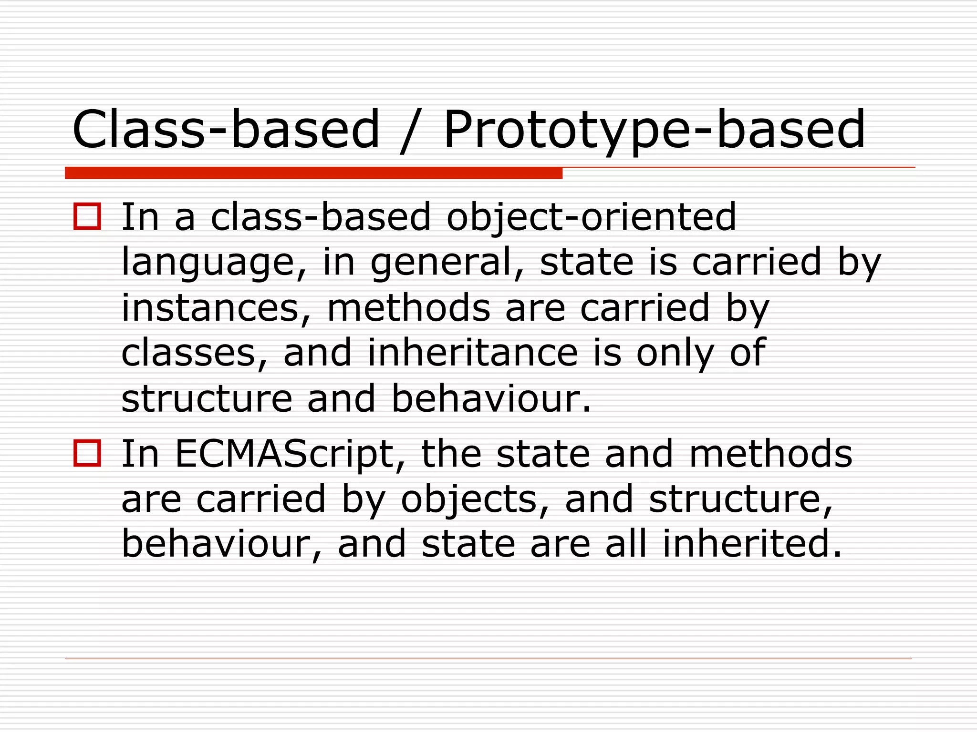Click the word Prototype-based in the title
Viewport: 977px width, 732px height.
click(x=654, y=130)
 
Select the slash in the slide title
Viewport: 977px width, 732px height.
click(x=411, y=131)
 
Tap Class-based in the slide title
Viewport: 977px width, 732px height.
click(x=226, y=130)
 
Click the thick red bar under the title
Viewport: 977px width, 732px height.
click(x=313, y=173)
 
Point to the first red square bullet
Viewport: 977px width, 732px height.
click(x=87, y=217)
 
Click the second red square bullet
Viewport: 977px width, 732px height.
click(x=87, y=453)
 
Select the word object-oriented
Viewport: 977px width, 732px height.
click(x=591, y=217)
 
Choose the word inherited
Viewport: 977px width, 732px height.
click(x=752, y=544)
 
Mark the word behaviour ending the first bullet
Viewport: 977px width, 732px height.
click(x=490, y=398)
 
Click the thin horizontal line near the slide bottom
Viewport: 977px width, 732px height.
click(x=488, y=659)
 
